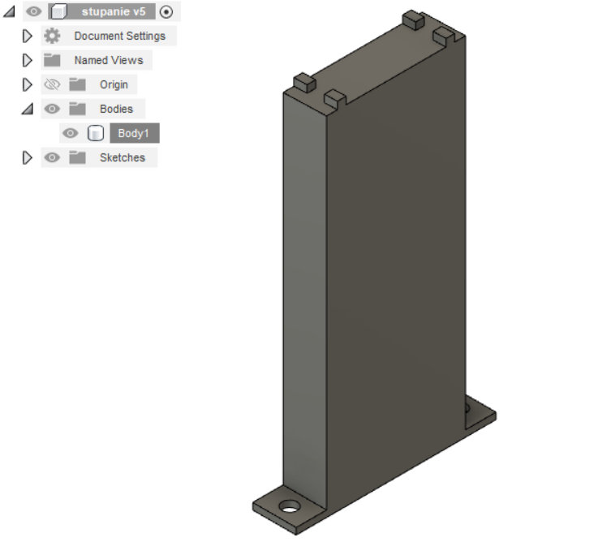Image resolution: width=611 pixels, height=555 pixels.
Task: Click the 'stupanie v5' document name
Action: pos(114,11)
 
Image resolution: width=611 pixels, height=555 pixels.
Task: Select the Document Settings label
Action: pos(119,36)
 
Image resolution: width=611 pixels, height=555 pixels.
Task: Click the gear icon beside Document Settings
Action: pos(52,36)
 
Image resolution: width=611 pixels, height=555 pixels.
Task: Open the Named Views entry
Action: pos(109,60)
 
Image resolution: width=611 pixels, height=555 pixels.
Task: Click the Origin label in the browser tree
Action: pos(114,84)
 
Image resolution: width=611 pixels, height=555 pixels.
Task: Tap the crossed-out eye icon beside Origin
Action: pos(52,84)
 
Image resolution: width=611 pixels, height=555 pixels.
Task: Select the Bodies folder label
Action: pos(116,109)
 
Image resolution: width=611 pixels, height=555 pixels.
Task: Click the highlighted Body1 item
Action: pos(135,133)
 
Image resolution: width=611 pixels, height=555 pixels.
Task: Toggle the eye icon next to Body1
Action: pos(70,133)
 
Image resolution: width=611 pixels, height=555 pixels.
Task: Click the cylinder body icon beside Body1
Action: pos(96,133)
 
